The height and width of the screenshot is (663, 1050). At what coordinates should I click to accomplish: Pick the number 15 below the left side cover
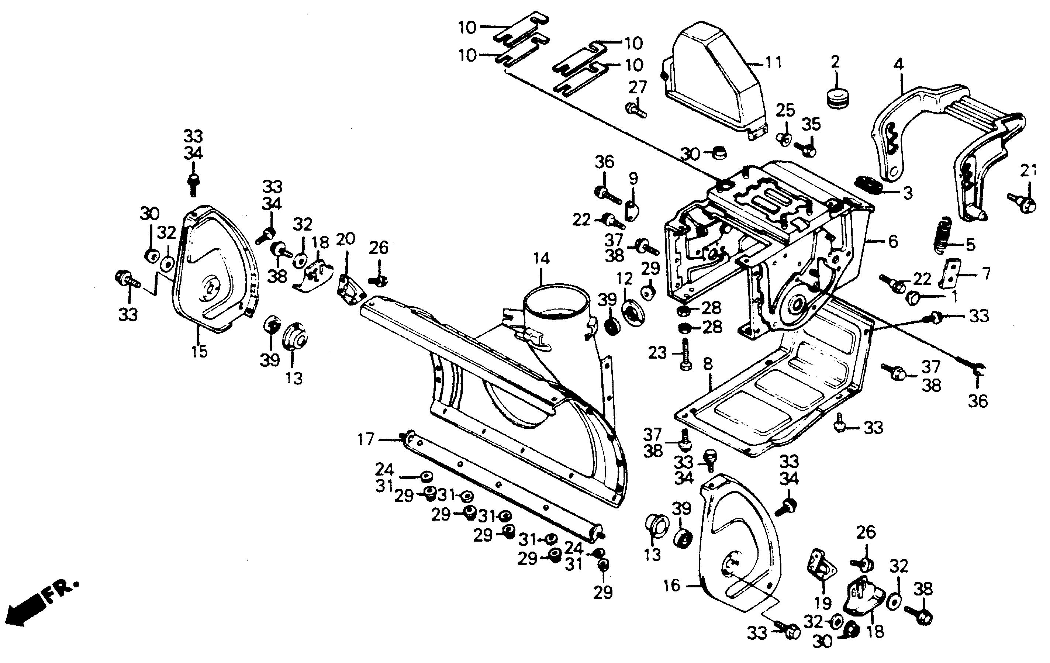pyautogui.click(x=199, y=351)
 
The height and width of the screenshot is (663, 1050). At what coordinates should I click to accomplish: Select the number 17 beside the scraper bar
pyautogui.click(x=366, y=439)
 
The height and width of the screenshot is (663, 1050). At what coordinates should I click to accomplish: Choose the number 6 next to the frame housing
pyautogui.click(x=892, y=241)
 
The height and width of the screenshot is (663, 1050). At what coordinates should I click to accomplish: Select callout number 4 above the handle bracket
pyautogui.click(x=899, y=65)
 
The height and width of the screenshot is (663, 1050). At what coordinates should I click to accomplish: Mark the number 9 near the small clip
pyautogui.click(x=633, y=179)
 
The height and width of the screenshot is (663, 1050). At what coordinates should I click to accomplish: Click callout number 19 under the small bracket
pyautogui.click(x=823, y=603)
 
